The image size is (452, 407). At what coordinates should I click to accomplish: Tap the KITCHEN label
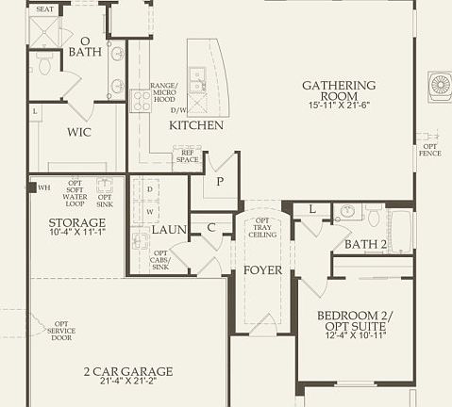(x=196, y=125)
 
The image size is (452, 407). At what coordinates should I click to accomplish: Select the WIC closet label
(x=78, y=133)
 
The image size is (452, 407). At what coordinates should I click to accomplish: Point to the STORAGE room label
(x=77, y=222)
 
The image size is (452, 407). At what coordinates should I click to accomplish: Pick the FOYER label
(x=263, y=270)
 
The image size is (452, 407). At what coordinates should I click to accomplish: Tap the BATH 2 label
(x=366, y=245)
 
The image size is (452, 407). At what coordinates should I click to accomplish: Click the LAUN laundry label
(x=169, y=229)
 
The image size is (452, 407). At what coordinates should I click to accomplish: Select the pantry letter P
(x=219, y=182)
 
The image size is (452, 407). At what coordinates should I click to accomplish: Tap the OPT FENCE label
(x=430, y=149)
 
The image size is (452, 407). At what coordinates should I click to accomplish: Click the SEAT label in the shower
(x=43, y=8)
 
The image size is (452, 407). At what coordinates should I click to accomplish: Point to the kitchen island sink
(x=198, y=80)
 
